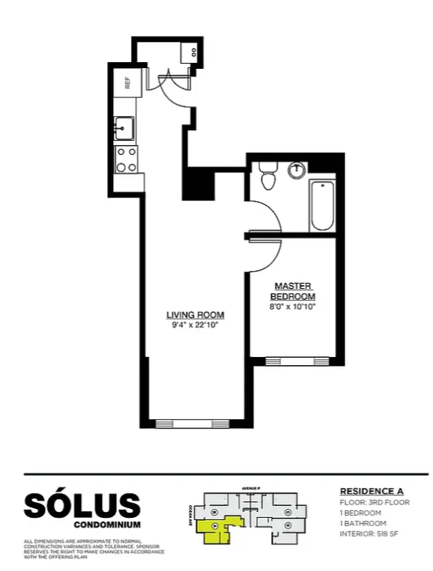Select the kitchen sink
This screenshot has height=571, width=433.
coord(124,128)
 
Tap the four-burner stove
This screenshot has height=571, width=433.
coord(126,159)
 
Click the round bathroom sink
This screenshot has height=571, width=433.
coord(297,170)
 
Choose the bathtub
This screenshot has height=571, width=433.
coord(322,206)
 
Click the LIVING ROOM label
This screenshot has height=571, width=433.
coord(195,314)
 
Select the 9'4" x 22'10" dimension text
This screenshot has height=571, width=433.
coord(195,325)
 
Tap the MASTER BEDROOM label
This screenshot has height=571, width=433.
coord(293,290)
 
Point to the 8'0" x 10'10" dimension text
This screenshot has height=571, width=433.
coord(293,305)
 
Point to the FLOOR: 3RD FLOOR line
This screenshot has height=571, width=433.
coord(375,502)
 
